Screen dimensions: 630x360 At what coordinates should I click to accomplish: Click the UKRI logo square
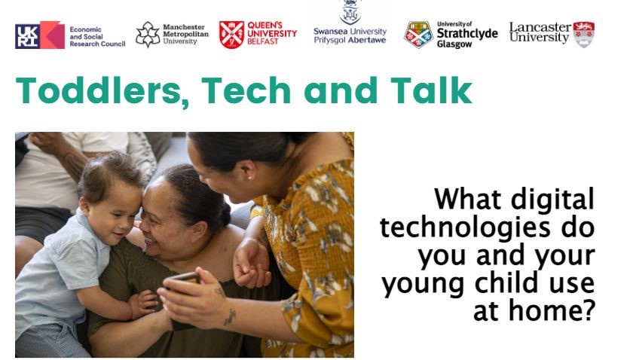(40, 35)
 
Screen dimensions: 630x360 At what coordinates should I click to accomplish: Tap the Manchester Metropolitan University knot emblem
(148, 35)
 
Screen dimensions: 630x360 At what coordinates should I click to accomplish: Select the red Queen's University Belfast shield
(231, 35)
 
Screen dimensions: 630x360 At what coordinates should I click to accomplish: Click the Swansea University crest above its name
(350, 12)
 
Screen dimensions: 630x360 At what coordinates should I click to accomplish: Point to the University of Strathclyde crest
(418, 35)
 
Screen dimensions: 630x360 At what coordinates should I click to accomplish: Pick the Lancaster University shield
(584, 35)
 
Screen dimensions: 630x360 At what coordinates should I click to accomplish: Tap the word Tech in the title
(246, 90)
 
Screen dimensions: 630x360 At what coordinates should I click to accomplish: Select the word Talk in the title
(431, 90)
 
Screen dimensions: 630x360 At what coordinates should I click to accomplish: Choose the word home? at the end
(552, 310)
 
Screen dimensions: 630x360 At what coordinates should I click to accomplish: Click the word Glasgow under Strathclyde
(454, 44)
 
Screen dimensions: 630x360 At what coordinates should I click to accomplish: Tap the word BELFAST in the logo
(263, 41)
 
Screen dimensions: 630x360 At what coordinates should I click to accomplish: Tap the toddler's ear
(84, 205)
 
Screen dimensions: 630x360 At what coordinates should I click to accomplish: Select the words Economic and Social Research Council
(97, 36)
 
